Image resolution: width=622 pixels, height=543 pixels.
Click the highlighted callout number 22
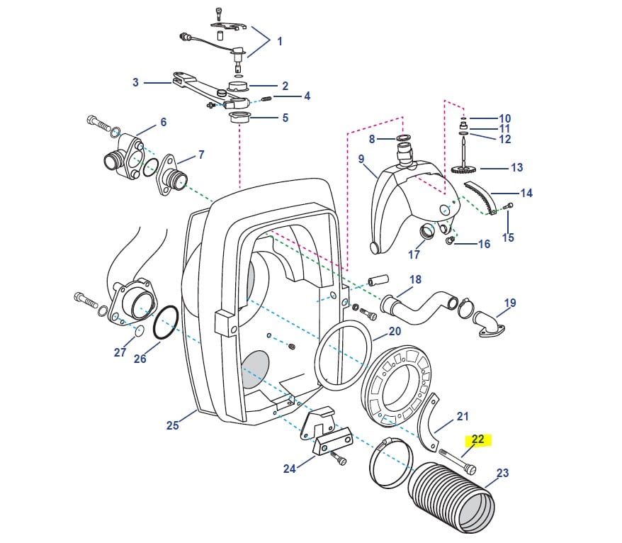point(477,440)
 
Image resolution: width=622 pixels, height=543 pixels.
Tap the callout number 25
point(172,425)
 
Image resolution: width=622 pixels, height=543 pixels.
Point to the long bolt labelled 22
point(457,461)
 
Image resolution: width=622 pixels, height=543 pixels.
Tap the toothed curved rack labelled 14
point(479,196)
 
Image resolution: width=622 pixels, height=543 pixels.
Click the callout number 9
point(361,159)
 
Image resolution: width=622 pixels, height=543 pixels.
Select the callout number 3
point(135,82)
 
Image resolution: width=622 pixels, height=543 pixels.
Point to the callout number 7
point(201,155)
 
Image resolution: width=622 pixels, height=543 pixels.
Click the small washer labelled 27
point(138,330)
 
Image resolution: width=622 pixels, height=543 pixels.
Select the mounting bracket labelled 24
point(326,436)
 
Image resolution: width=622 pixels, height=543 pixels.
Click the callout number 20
point(395,331)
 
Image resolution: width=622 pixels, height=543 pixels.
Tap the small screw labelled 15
point(508,206)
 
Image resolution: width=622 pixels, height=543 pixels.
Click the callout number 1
point(279,41)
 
